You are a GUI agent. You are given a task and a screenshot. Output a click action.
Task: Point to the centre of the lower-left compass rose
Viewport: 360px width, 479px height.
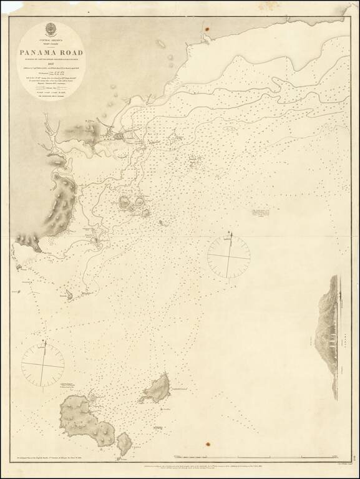tap(43, 365)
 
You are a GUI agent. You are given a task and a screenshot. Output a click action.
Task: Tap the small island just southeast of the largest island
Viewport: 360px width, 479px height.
tap(124, 444)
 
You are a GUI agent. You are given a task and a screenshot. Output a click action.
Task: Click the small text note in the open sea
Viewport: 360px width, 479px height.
tap(263, 216)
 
